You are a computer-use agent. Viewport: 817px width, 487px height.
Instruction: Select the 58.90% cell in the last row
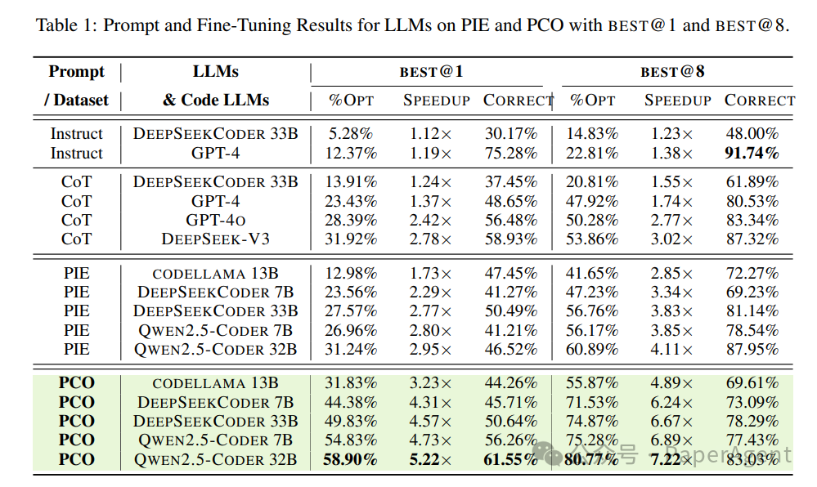pyautogui.click(x=351, y=459)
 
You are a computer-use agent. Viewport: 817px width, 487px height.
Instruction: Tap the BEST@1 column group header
pyautogui.click(x=431, y=72)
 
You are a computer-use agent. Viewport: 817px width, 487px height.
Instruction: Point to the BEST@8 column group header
pyautogui.click(x=672, y=72)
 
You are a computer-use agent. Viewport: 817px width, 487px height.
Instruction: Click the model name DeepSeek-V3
pyautogui.click(x=216, y=239)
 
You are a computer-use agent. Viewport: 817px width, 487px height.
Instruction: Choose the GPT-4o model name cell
pyautogui.click(x=216, y=220)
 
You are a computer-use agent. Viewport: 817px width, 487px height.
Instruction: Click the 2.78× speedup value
pyautogui.click(x=429, y=239)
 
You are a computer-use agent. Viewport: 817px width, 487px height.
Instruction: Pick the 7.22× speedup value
pyautogui.click(x=671, y=459)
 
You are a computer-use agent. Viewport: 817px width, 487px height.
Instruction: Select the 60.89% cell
pyautogui.click(x=593, y=349)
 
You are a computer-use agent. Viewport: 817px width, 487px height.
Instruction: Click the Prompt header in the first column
pyautogui.click(x=76, y=72)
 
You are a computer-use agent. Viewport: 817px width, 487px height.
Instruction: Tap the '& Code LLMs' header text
pyautogui.click(x=216, y=101)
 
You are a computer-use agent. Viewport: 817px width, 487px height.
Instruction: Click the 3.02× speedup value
pyautogui.click(x=671, y=239)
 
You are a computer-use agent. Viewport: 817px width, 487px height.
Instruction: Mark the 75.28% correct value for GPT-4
pyautogui.click(x=511, y=153)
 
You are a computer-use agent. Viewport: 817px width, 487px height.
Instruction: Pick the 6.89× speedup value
pyautogui.click(x=671, y=440)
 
